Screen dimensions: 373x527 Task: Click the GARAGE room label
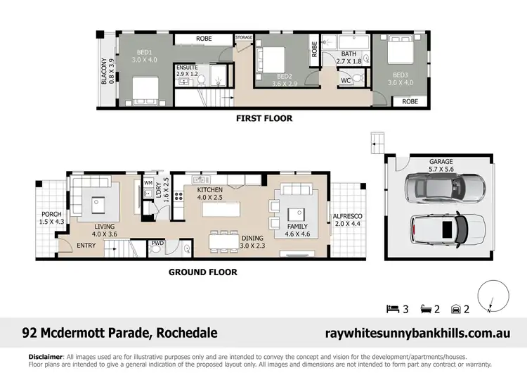click(441, 162)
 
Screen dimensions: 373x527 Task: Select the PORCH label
click(52, 214)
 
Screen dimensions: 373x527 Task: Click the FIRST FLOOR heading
click(264, 118)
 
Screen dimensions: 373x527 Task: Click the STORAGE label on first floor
click(244, 37)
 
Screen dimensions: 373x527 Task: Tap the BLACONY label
click(103, 71)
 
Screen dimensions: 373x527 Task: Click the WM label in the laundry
click(148, 183)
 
